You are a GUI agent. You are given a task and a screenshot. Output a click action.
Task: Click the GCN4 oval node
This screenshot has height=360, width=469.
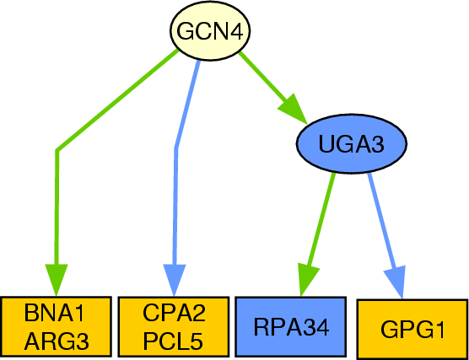[210, 31]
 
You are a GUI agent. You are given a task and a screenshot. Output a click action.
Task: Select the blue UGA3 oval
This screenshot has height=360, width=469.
[352, 143]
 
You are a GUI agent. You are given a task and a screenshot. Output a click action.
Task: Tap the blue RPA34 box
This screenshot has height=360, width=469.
[291, 327]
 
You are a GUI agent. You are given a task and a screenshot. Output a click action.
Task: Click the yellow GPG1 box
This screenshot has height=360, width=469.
[412, 329]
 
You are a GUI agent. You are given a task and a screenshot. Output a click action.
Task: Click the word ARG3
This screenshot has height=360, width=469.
[57, 341]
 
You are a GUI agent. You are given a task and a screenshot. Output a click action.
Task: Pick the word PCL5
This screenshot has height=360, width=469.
[174, 341]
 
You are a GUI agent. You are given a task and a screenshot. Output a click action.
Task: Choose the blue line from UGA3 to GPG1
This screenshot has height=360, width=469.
[382, 221]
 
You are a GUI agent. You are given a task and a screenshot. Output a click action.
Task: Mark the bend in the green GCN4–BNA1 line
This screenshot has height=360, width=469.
[57, 150]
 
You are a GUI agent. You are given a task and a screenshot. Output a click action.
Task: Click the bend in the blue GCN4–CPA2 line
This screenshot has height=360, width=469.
[176, 148]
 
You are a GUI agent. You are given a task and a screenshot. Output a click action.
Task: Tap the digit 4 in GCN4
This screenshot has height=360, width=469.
[236, 31]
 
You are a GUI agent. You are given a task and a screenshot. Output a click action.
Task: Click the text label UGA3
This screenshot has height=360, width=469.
[352, 144]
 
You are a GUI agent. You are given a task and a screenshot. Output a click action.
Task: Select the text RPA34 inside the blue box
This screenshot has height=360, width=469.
[291, 327]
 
